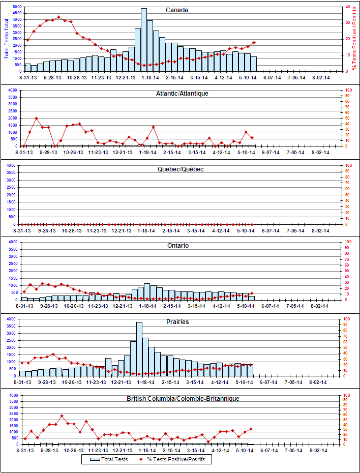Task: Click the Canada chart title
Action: point(177,10)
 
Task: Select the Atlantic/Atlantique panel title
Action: point(183,93)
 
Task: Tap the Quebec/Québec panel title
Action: point(181,169)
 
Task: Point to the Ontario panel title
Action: point(177,246)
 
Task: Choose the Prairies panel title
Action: point(177,322)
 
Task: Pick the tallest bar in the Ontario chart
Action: point(147,292)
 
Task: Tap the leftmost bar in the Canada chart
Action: point(28,68)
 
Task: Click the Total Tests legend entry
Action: point(109,459)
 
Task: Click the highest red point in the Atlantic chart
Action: point(37,119)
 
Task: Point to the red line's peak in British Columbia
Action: point(62,416)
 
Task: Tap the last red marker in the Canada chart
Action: point(254,43)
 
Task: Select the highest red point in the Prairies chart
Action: point(53,354)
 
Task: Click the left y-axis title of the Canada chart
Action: point(6,38)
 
